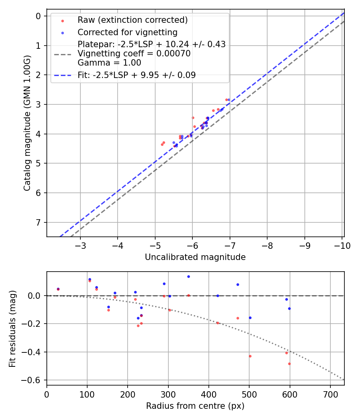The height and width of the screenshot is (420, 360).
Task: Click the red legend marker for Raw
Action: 62,20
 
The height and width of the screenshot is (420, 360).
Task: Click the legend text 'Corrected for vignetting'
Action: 127,32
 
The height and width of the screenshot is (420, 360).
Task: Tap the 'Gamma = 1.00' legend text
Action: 109,62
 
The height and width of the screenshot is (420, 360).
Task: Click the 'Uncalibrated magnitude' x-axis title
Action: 195,257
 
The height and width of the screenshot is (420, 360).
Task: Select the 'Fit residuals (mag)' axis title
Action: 12,329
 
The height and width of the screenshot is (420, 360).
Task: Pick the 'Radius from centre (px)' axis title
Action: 195,406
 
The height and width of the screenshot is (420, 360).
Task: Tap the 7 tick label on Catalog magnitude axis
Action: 38,222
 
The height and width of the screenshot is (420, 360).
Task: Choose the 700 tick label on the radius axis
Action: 330,394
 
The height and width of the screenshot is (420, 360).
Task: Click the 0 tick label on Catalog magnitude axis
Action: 38,16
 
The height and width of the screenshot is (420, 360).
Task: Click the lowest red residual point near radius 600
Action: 289,364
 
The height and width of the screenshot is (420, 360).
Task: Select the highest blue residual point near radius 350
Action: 188,276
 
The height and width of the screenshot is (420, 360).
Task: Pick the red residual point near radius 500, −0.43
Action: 250,356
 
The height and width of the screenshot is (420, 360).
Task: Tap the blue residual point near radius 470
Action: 238,284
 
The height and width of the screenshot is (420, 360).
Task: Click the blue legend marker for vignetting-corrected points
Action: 62,32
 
